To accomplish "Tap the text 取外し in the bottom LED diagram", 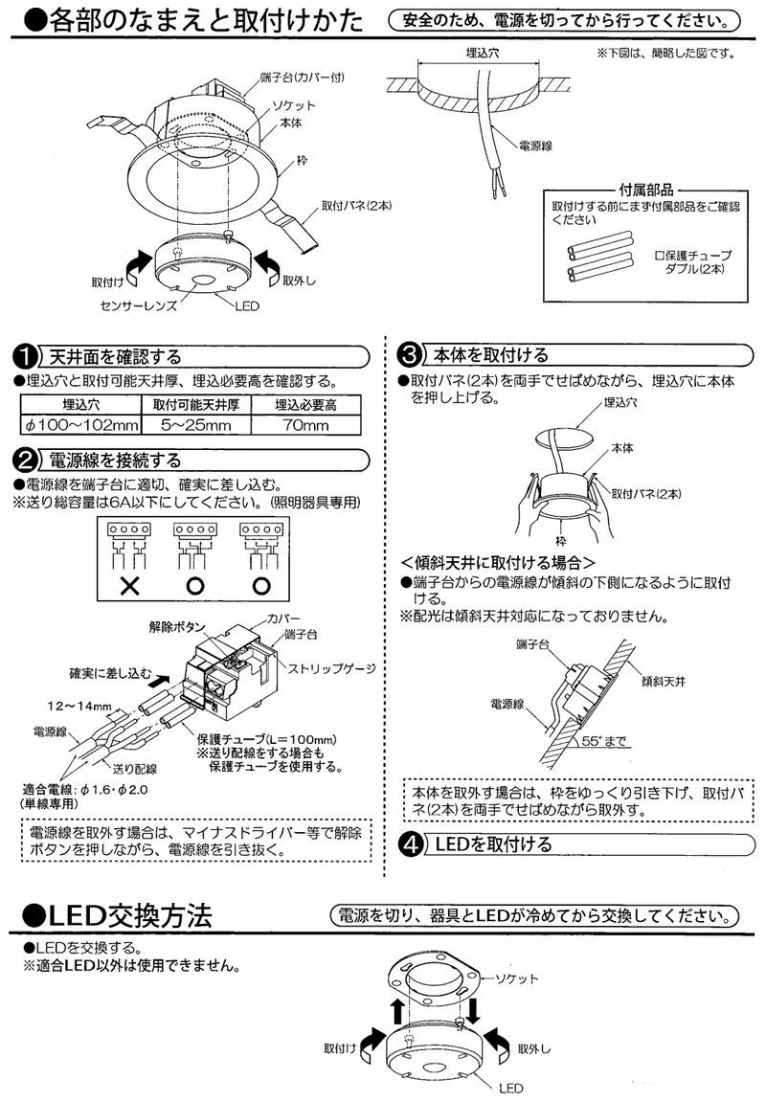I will (535, 1050).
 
